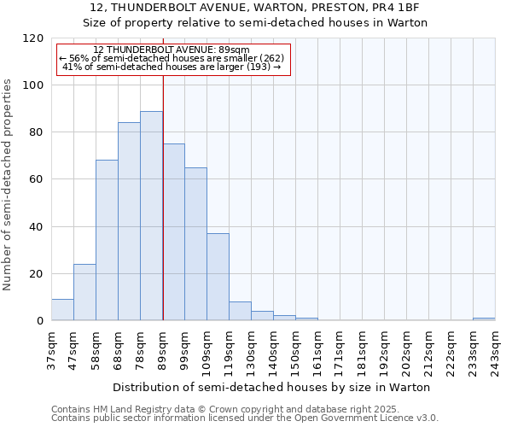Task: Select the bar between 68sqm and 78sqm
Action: [x=129, y=222]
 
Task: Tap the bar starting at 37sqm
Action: [x=62, y=310]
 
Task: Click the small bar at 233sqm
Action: [x=484, y=319]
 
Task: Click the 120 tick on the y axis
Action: [x=33, y=38]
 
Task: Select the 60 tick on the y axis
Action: [x=37, y=179]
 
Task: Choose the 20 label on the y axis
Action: [x=37, y=274]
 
